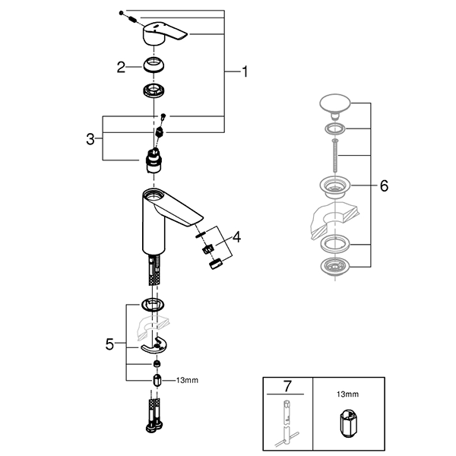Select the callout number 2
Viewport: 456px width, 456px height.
[120, 68]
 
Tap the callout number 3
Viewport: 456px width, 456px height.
[90, 139]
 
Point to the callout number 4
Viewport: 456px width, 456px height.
[236, 237]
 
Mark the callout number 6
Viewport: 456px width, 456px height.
[383, 185]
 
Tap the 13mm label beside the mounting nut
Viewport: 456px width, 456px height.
[187, 379]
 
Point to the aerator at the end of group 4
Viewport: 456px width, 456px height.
[216, 264]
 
